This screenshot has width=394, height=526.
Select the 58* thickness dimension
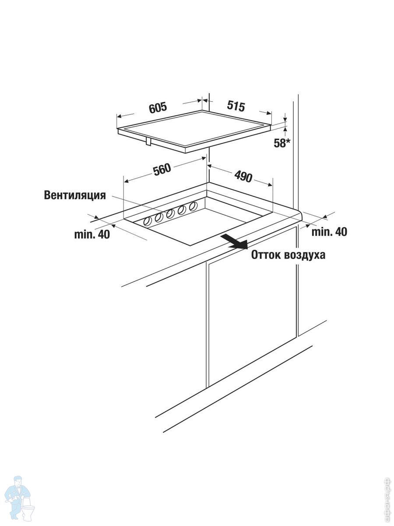pyautogui.click(x=282, y=143)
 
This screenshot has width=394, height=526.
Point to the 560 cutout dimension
pyautogui.click(x=162, y=170)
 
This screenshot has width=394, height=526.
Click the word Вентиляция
pyautogui.click(x=75, y=195)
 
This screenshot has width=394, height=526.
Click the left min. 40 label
pyautogui.click(x=91, y=235)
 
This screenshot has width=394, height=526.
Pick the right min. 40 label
pyautogui.click(x=329, y=232)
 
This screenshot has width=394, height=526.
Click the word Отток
pyautogui.click(x=265, y=255)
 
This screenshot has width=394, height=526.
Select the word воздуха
pyautogui.click(x=305, y=255)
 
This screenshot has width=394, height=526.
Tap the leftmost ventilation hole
pyautogui.click(x=148, y=221)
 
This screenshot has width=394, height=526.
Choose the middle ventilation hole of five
pyautogui.click(x=170, y=213)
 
